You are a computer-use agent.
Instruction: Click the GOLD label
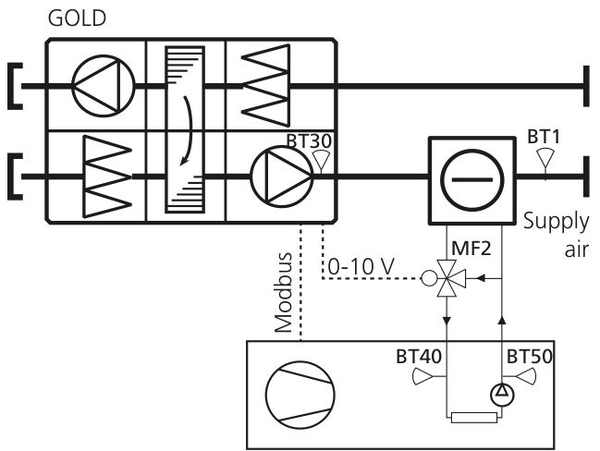click(77, 18)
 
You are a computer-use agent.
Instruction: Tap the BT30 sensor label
click(309, 140)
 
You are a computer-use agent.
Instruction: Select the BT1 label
click(544, 137)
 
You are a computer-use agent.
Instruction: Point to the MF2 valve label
click(471, 249)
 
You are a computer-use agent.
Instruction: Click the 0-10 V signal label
click(361, 266)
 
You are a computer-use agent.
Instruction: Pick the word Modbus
click(284, 293)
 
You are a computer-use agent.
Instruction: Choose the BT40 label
click(419, 357)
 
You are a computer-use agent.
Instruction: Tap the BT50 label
click(530, 357)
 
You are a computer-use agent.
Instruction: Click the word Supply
click(556, 222)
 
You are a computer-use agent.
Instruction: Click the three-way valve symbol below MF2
click(447, 278)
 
